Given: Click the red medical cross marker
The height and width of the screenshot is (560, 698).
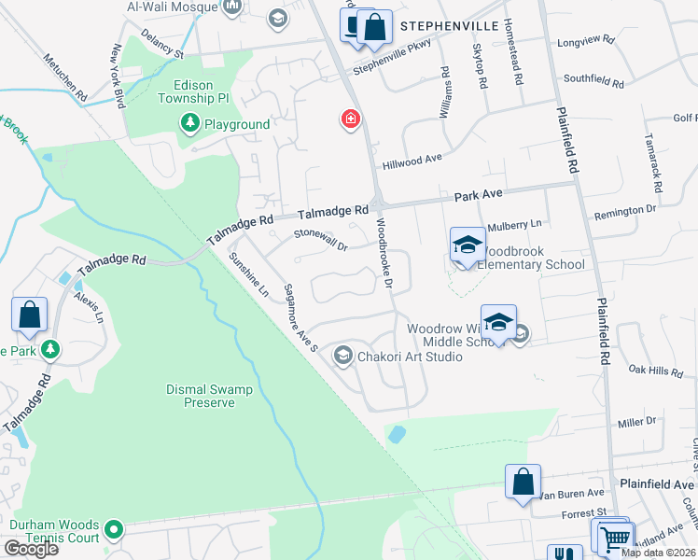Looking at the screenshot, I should point(351,119).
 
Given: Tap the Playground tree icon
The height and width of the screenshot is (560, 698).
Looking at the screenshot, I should point(189,124).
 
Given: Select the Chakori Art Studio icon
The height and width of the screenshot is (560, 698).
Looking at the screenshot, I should point(343,356).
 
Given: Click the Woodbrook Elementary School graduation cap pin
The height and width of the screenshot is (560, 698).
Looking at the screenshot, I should point(468,245).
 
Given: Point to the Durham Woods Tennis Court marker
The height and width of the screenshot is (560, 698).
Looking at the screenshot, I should point(114,530).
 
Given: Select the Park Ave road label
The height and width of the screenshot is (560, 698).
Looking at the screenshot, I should point(479,196).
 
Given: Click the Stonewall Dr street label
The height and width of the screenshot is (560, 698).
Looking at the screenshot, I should point(320,241).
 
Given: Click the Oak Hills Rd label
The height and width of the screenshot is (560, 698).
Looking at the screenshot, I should point(657,371).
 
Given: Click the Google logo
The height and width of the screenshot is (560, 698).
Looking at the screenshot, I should point(31,548).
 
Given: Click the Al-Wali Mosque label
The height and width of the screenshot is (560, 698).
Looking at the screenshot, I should point(172,7).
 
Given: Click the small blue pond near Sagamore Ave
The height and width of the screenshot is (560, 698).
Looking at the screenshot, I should point(396,434).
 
